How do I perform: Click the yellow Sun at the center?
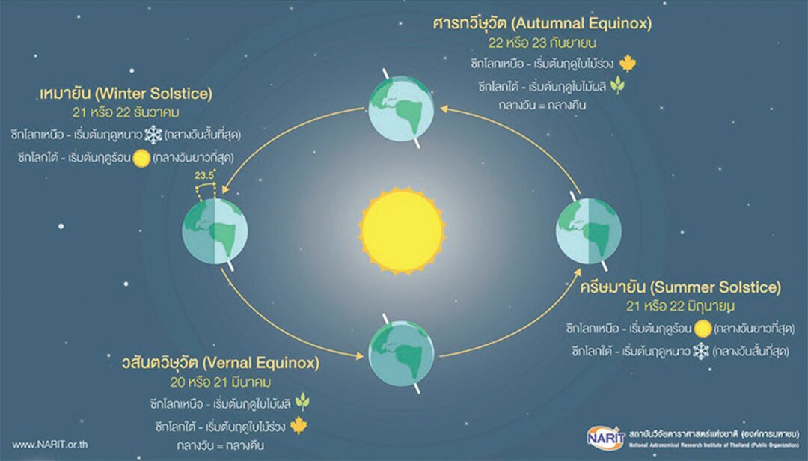(402, 230)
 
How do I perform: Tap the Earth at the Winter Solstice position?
(215, 231)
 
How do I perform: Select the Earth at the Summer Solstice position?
(589, 231)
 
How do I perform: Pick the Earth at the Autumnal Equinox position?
(402, 109)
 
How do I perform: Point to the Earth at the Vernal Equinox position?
(402, 353)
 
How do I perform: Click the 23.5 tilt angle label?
(204, 175)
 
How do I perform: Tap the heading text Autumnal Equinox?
(583, 23)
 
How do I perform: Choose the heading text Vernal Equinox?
(261, 363)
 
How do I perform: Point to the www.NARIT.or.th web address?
(50, 445)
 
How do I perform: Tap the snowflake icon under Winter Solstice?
(153, 135)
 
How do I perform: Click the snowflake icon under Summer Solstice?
(701, 352)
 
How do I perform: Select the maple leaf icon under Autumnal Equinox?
(627, 64)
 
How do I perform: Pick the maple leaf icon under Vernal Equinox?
(299, 425)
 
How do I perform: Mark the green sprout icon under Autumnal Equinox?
(617, 85)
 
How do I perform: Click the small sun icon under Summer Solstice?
(703, 329)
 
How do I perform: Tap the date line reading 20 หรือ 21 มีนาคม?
(221, 382)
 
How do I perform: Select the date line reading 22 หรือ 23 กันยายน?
(542, 43)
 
